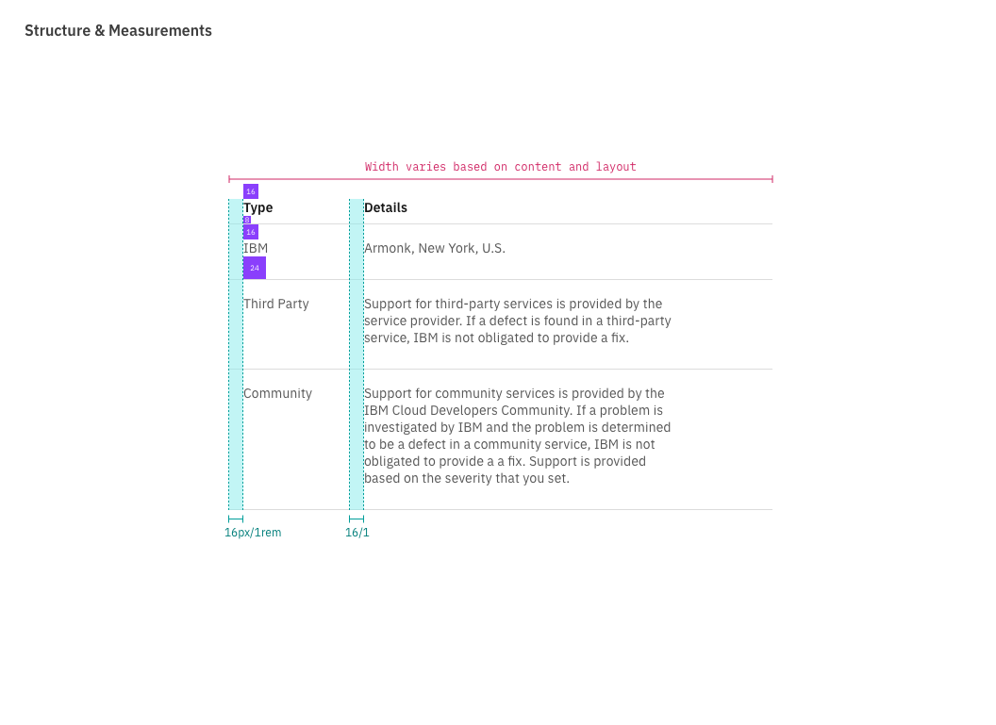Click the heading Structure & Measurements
click(118, 30)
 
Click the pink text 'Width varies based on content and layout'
click(500, 167)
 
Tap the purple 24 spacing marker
click(255, 268)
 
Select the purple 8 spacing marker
click(246, 220)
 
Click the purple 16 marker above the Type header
click(251, 191)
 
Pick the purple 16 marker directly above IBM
click(251, 232)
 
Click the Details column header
click(386, 207)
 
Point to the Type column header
click(259, 207)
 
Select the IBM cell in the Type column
click(256, 248)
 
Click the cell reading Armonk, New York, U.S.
click(435, 248)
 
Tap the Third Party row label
click(276, 304)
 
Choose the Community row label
click(277, 393)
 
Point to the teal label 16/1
click(357, 533)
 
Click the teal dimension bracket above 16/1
click(357, 519)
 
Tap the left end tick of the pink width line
click(229, 178)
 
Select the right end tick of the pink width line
click(772, 178)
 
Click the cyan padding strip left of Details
click(357, 354)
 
